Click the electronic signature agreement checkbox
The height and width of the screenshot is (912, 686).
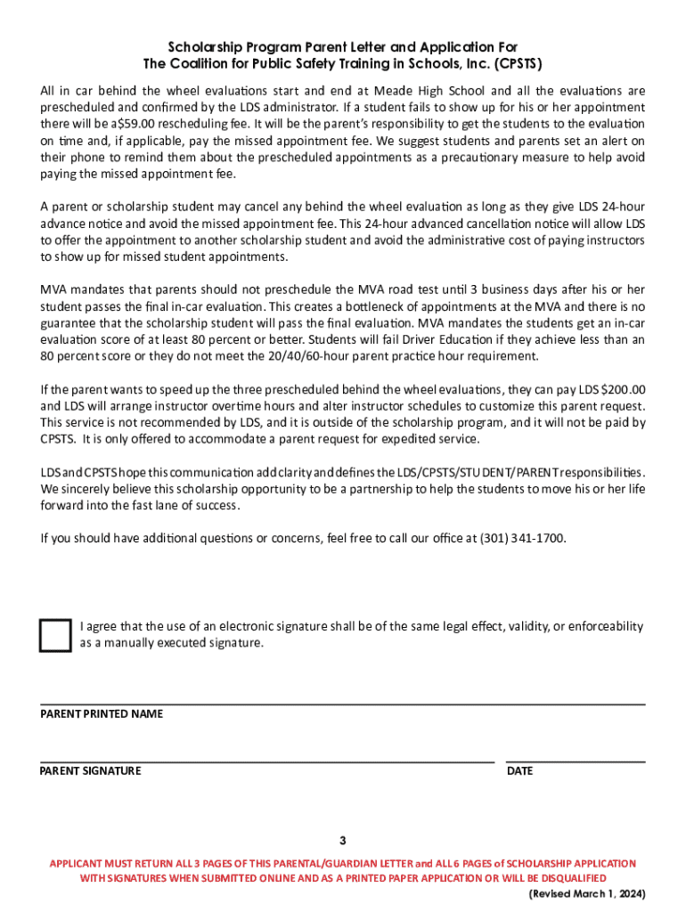[x=54, y=634]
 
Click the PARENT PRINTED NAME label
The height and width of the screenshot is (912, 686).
[x=102, y=714]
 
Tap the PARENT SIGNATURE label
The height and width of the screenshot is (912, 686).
[x=90, y=770]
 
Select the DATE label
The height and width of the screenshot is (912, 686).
[x=519, y=770]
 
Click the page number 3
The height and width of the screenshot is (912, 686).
[x=343, y=841]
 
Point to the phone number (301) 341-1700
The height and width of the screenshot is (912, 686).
[x=522, y=538]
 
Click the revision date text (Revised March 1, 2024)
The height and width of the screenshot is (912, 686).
[x=587, y=893]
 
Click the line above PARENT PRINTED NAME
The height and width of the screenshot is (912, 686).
[x=343, y=704]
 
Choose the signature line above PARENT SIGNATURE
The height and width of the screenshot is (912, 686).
[x=267, y=762]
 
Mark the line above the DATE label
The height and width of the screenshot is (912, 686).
[x=576, y=762]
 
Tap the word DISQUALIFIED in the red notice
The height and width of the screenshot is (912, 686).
[x=596, y=878]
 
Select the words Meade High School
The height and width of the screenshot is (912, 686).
[x=442, y=91]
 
